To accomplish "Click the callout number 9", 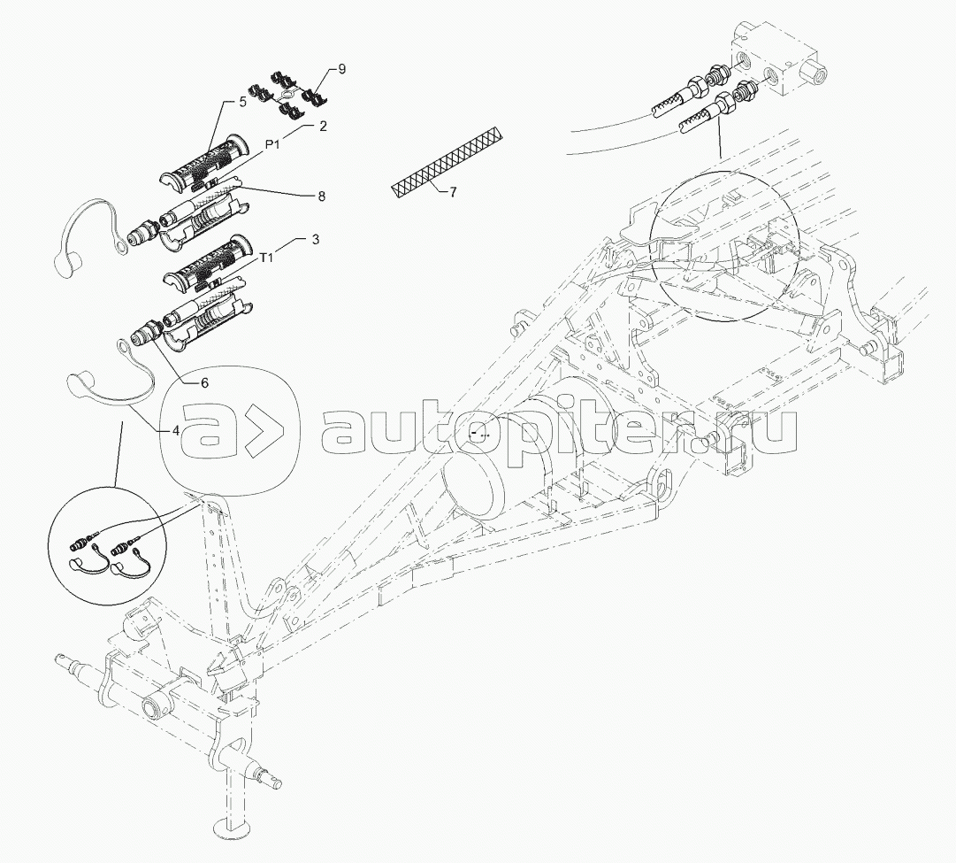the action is click(x=341, y=69).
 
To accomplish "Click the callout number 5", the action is click(x=242, y=102).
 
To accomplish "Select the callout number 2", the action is click(x=323, y=127).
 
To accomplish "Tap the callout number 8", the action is click(x=321, y=196).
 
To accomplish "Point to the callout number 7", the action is click(x=453, y=192).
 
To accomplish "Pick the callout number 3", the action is click(x=315, y=239).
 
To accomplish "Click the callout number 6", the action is click(x=205, y=382).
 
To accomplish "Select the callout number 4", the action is click(x=176, y=430).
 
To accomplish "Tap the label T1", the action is click(x=266, y=258).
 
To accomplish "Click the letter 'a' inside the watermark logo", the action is click(x=211, y=430).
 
